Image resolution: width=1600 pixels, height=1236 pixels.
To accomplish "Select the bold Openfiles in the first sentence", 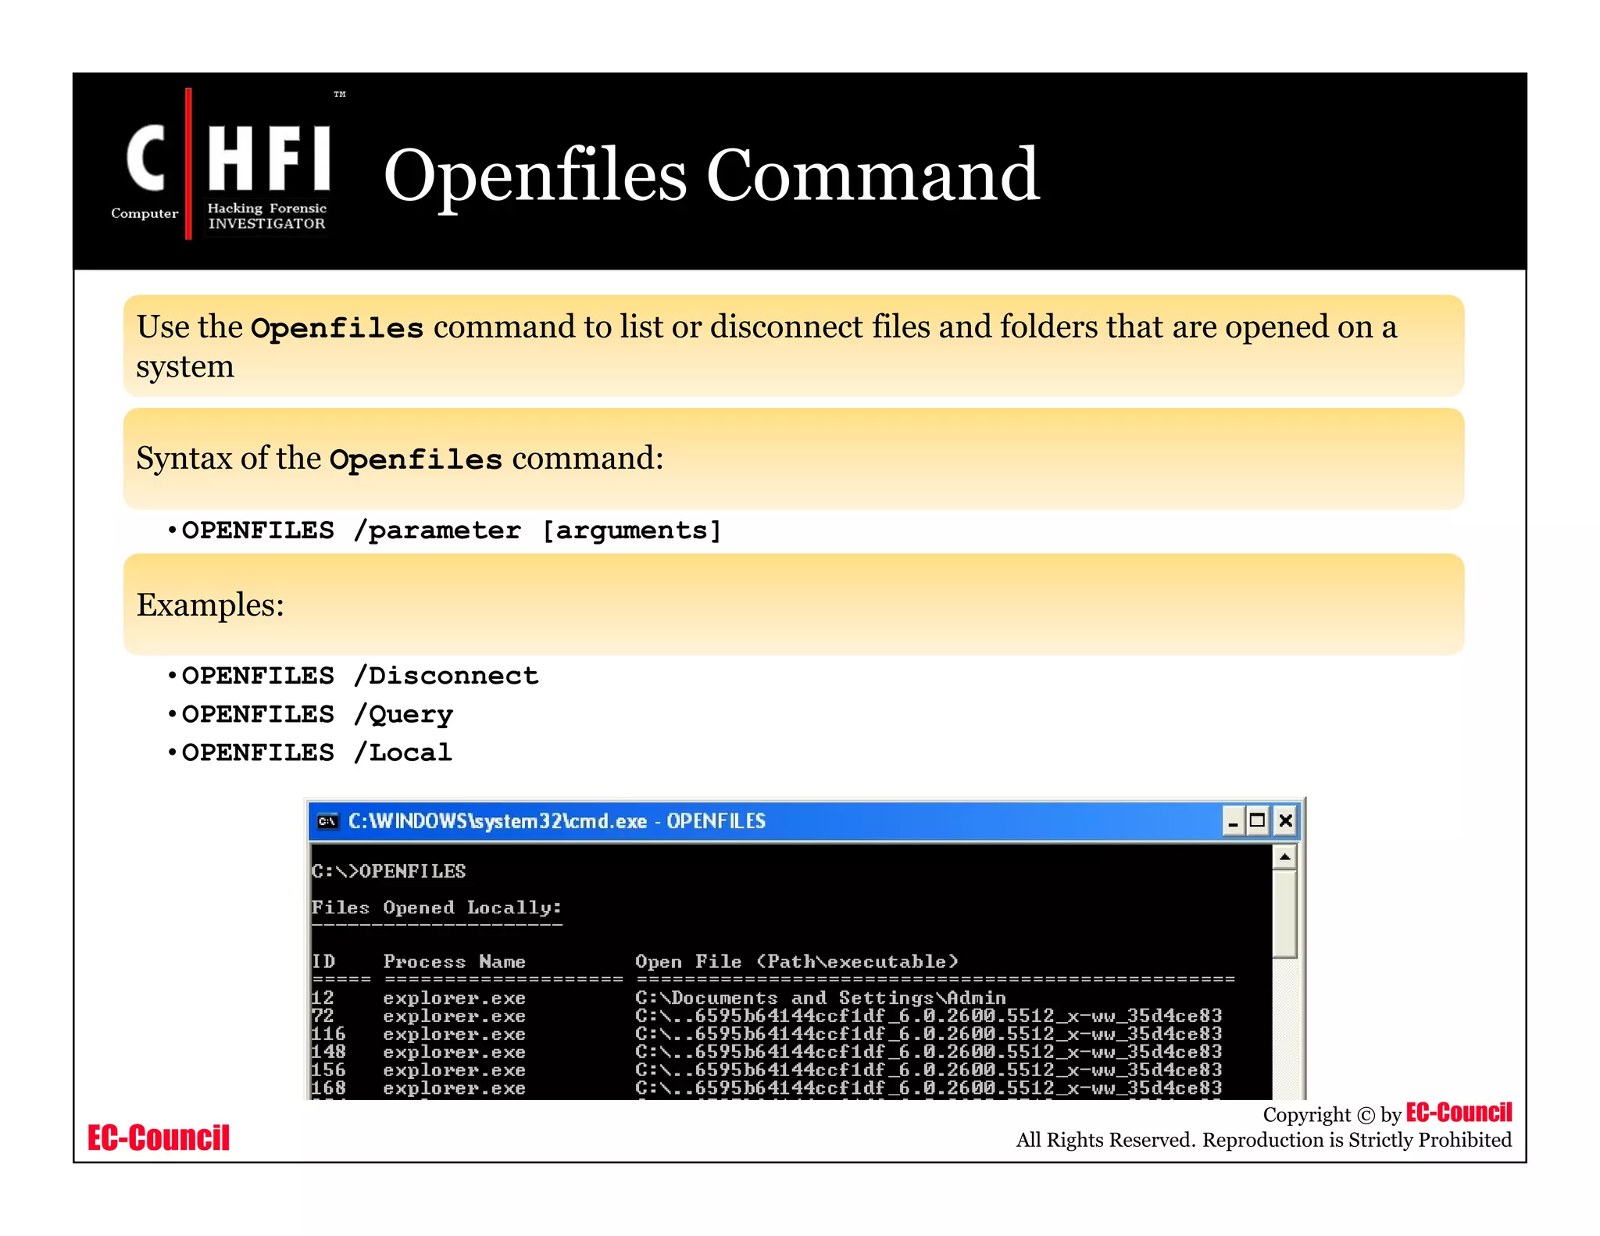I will pos(337,328).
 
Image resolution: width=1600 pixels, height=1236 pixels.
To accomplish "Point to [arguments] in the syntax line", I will pos(631,530).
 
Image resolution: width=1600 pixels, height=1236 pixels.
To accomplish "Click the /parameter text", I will pos(437,530).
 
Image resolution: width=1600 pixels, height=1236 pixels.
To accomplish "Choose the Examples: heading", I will pos(210,605).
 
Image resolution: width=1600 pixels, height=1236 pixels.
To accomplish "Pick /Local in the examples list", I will pos(402,752).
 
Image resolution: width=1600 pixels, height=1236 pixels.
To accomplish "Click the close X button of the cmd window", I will pos(1285,821).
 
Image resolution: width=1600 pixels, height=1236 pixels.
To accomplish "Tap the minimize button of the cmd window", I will pos(1233,821).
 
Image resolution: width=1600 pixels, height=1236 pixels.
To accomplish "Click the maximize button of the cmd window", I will pos(1258,821).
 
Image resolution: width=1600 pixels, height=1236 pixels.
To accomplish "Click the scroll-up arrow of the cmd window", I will pos(1284,857).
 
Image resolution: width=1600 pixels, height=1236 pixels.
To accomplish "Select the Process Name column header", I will pos(454,962).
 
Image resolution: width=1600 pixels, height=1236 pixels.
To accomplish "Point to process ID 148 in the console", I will pos(328,1052).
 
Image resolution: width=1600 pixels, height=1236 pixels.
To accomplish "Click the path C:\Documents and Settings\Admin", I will pos(820,998).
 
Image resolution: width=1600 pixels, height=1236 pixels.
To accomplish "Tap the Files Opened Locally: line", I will pos(436,908).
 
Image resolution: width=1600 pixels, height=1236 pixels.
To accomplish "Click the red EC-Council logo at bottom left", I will pos(159,1138).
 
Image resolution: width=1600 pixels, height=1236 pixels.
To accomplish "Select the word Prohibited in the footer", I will pos(1465,1140).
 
